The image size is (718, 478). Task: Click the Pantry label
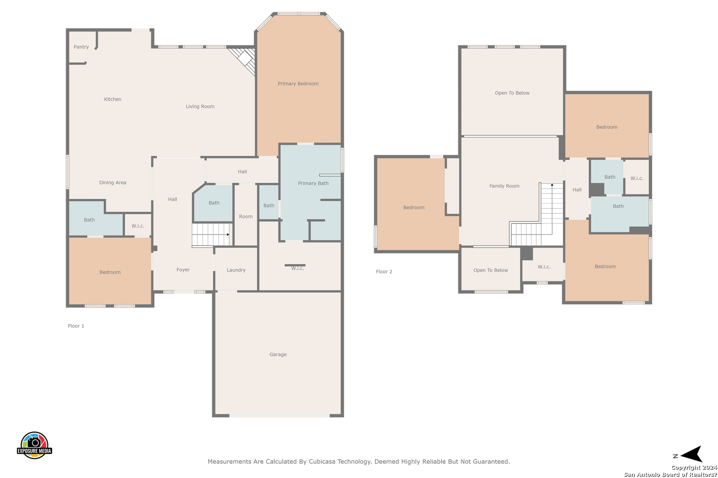tap(81, 47)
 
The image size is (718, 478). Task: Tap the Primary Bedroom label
tap(298, 84)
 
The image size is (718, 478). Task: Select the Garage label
tap(278, 355)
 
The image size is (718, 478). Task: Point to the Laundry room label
tap(236, 270)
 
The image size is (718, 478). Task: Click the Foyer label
tap(183, 270)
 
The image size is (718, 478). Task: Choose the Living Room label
tap(200, 106)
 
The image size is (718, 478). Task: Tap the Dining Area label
tap(113, 182)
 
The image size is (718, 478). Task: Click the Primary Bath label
tap(313, 183)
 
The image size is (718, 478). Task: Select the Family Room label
tap(504, 186)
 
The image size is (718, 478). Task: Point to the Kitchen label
tap(113, 99)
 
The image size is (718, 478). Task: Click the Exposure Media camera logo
tap(34, 445)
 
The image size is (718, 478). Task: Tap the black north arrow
tap(691, 454)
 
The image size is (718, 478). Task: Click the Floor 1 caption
tap(76, 326)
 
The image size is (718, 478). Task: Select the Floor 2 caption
tap(384, 271)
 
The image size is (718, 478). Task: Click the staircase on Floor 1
tap(211, 235)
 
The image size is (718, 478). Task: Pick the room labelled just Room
tap(246, 216)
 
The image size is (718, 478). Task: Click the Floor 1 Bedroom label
tap(110, 272)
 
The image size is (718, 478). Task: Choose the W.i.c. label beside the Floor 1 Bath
tap(138, 226)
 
